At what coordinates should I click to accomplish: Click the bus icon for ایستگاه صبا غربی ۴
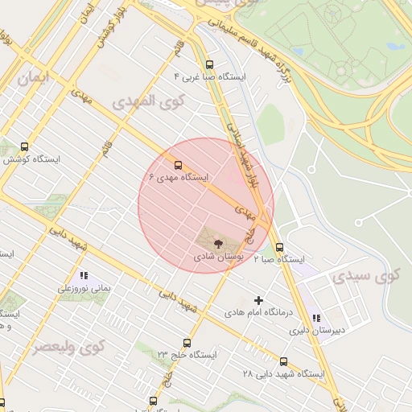(210, 64)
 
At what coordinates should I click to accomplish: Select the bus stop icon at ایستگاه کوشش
(24, 147)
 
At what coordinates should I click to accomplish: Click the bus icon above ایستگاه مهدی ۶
(179, 164)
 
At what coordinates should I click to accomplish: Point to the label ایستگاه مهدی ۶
(179, 176)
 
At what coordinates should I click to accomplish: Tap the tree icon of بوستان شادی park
(218, 243)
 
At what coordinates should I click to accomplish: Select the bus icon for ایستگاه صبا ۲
(279, 248)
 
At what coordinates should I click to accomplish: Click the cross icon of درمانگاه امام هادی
(258, 299)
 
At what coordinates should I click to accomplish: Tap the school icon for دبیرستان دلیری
(316, 319)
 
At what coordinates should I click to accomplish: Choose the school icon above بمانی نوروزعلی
(84, 276)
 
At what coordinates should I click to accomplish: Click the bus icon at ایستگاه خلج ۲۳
(187, 343)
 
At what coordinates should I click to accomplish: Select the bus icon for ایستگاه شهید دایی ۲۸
(283, 361)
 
